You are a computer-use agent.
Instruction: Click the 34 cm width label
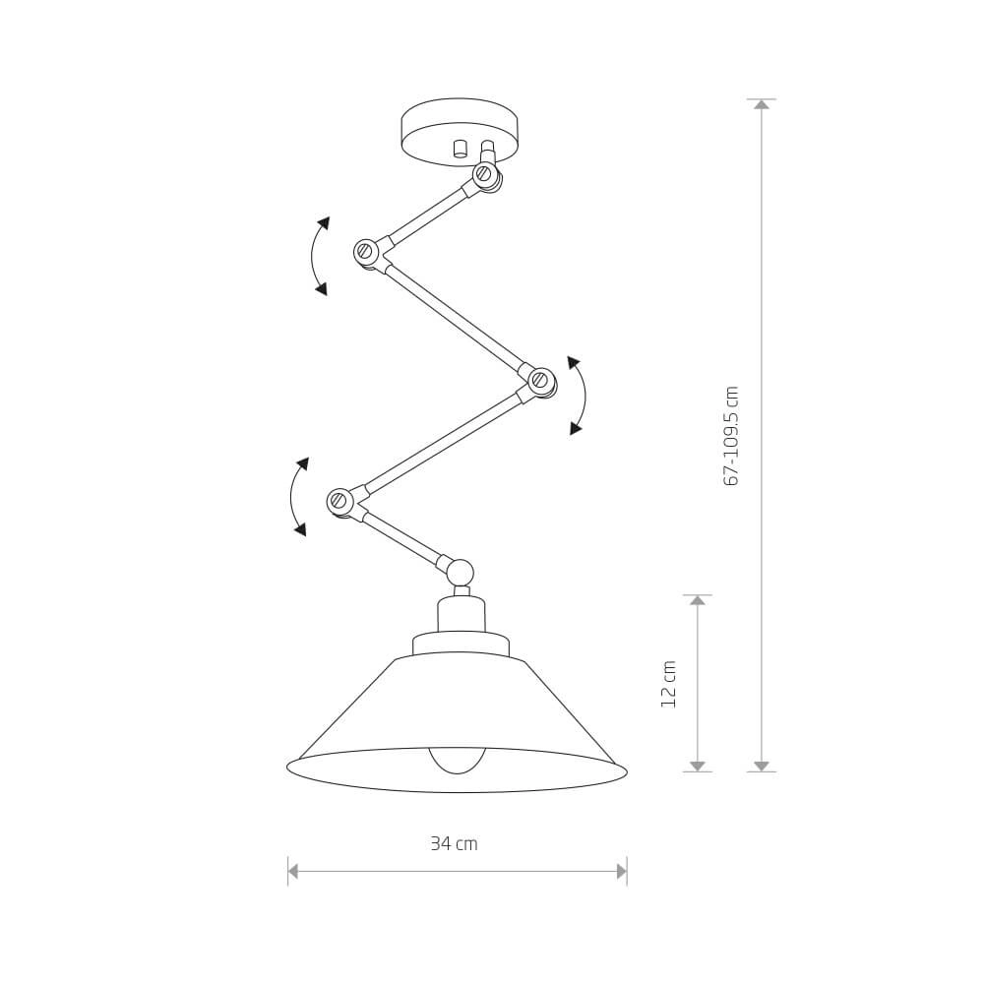(454, 843)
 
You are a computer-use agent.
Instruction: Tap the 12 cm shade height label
(669, 684)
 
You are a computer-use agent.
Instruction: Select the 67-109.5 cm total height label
(731, 436)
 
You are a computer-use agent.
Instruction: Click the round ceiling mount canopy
(460, 131)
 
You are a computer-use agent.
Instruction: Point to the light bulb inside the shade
(457, 760)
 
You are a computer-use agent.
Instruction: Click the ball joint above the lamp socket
(460, 572)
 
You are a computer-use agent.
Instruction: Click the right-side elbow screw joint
(539, 380)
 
